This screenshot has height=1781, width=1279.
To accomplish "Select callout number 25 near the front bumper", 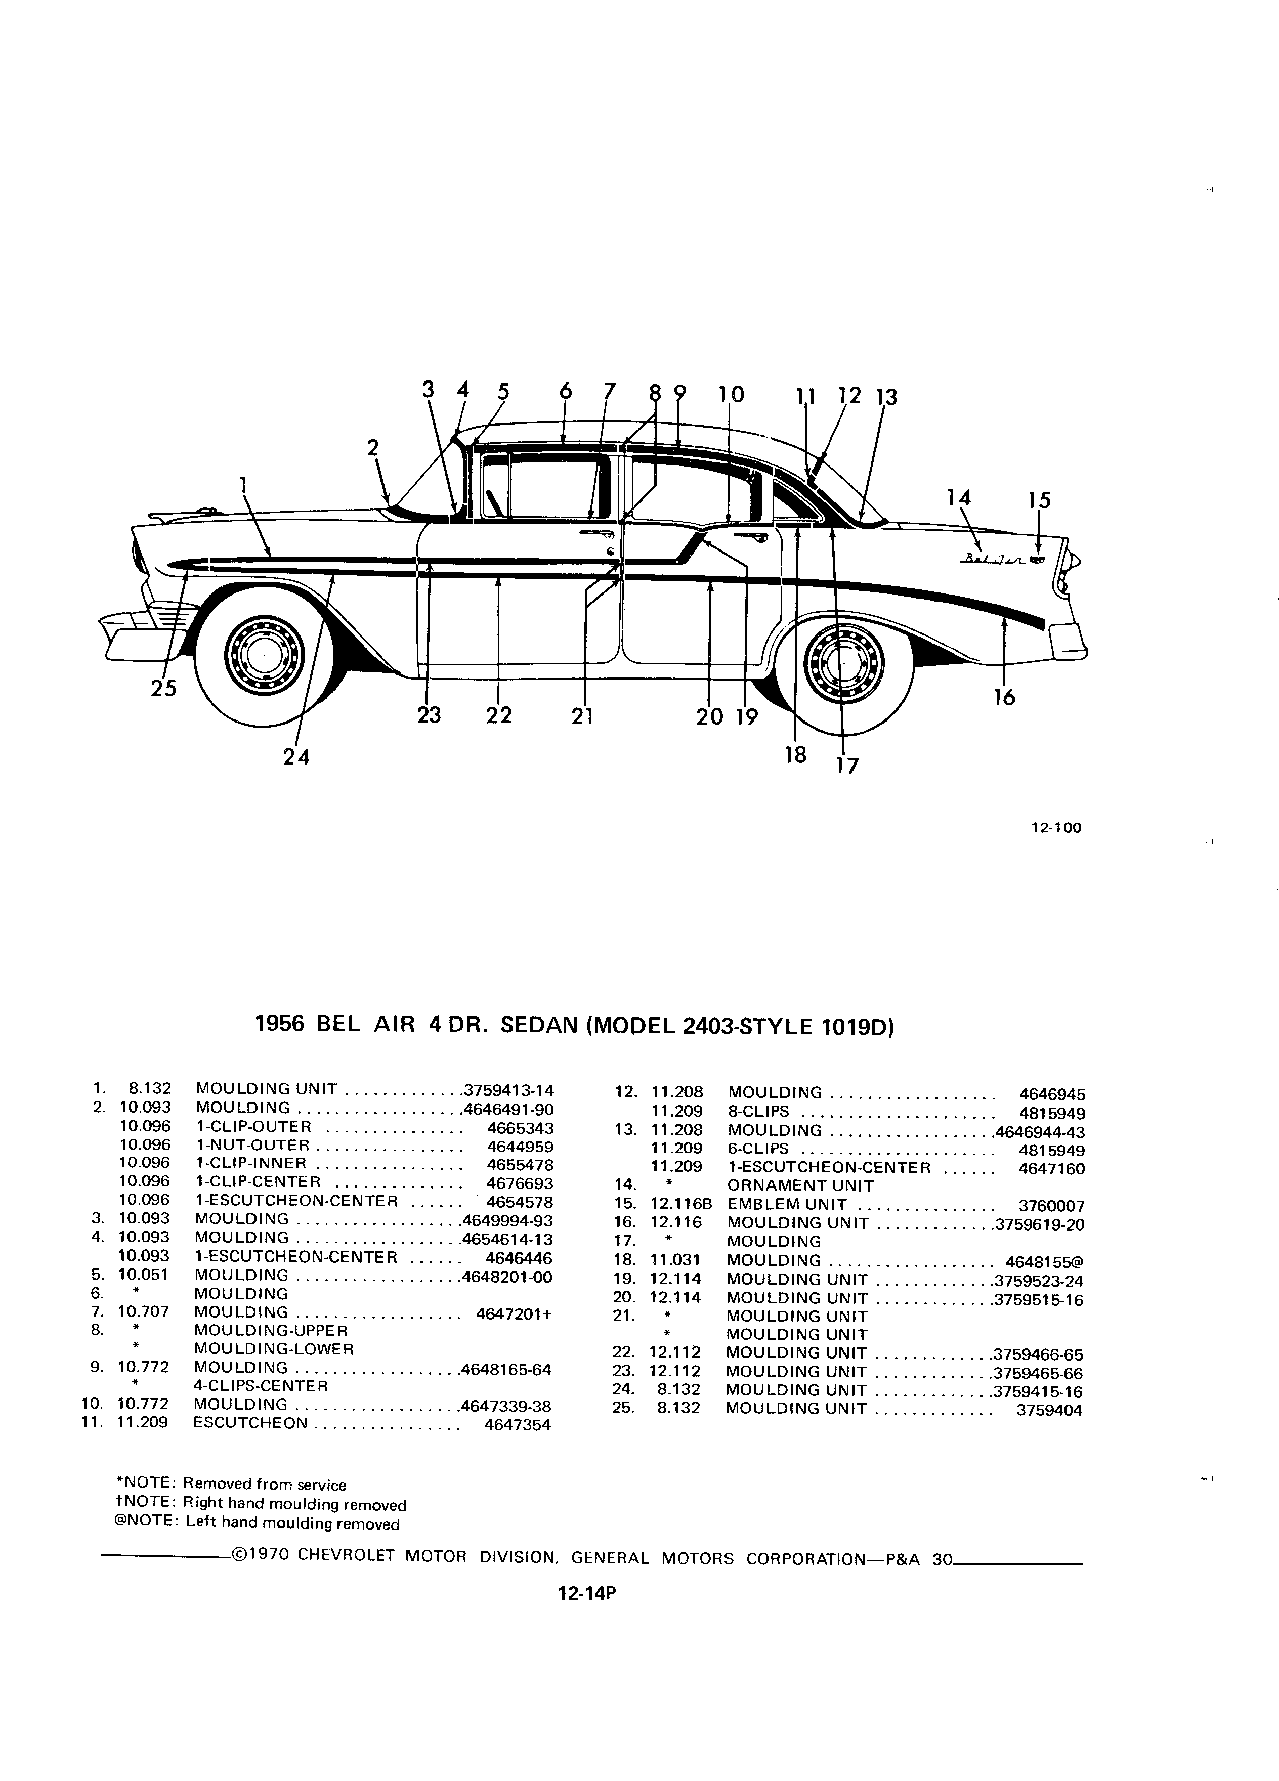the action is click(164, 689).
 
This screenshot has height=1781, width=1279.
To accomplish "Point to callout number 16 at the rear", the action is click(1004, 697).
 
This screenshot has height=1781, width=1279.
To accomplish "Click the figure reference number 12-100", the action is click(1056, 828).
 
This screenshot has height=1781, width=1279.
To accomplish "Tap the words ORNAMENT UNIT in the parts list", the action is click(800, 1186).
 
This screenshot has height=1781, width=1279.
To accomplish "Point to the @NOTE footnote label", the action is click(147, 1523).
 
